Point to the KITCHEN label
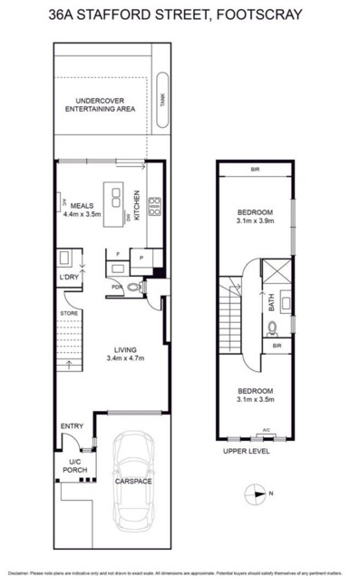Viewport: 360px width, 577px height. (137, 208)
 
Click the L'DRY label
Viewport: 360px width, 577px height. (68, 276)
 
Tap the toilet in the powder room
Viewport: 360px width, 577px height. (133, 288)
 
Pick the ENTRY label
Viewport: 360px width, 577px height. (72, 426)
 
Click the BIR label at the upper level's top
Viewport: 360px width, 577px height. (254, 171)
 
